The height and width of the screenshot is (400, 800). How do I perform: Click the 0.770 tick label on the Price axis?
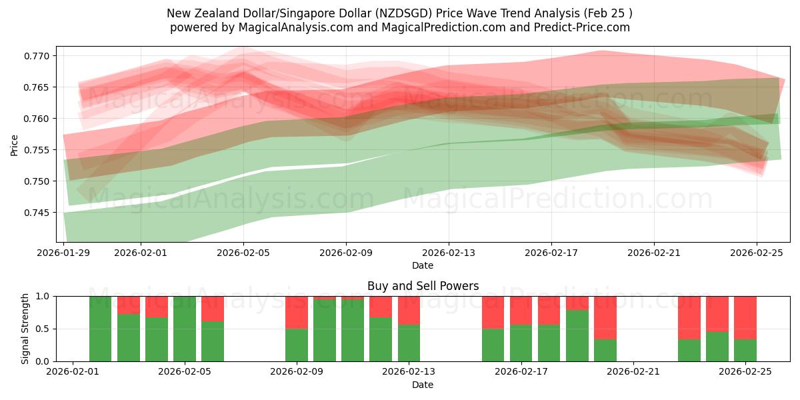(37, 56)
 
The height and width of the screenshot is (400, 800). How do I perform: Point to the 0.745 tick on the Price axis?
(37, 213)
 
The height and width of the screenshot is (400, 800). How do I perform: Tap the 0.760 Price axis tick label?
(37, 119)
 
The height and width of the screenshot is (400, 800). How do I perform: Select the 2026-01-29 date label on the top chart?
(64, 253)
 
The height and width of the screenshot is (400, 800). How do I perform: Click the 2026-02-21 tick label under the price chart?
(653, 253)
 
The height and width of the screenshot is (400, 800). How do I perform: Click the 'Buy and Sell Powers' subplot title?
(423, 286)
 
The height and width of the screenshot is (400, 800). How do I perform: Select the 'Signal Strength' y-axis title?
(25, 329)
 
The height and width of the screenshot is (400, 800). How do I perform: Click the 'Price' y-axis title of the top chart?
(15, 145)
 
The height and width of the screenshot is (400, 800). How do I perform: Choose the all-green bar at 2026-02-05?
(185, 329)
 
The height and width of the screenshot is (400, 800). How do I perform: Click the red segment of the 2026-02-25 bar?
(745, 317)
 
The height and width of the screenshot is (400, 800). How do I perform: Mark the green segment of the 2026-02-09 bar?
(297, 345)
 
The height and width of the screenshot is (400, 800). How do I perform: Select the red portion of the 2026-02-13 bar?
(409, 310)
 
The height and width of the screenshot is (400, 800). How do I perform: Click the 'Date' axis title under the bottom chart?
(423, 385)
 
